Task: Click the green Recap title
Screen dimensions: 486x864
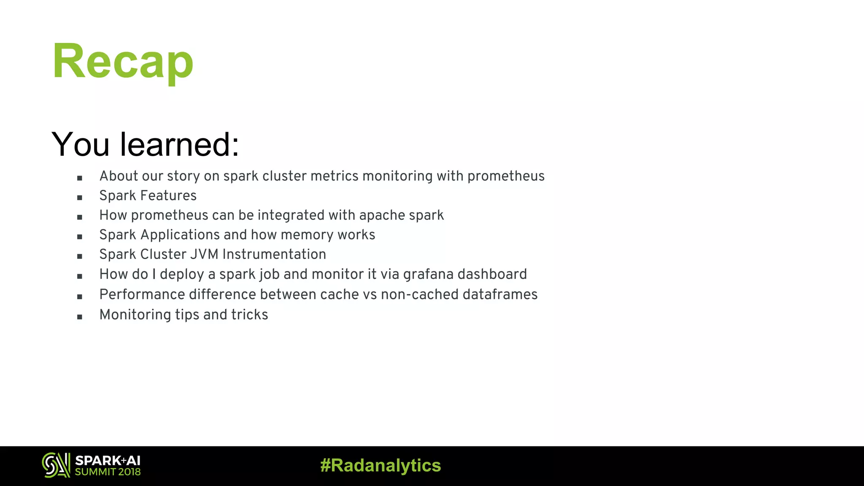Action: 123,61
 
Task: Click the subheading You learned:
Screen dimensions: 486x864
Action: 145,144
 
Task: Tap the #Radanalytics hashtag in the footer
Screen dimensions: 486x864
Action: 381,465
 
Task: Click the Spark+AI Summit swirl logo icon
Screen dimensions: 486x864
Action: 56,465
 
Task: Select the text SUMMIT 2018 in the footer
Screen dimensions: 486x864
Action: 108,472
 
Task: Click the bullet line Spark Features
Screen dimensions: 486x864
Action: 148,196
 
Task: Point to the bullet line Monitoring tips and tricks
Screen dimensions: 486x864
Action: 184,315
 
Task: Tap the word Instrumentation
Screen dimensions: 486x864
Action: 274,254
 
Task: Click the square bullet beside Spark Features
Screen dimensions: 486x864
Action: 80,197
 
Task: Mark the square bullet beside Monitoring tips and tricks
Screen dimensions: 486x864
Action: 80,317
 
